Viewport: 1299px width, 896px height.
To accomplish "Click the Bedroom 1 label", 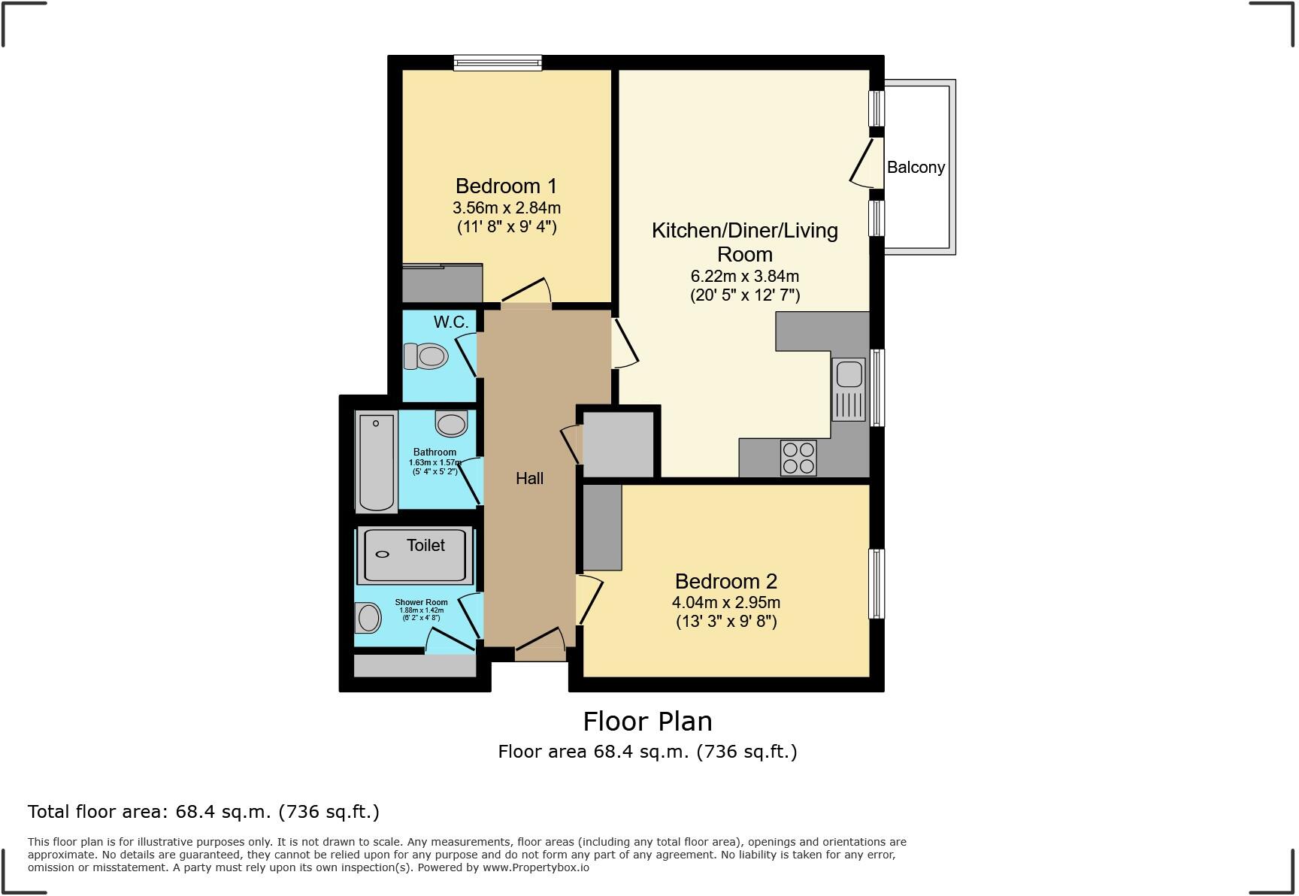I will pyautogui.click(x=506, y=186).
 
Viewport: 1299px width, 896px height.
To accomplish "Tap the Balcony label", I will pyautogui.click(x=915, y=167).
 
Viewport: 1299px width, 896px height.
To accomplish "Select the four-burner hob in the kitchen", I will pyautogui.click(x=798, y=457).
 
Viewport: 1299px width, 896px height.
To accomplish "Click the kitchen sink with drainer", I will pyautogui.click(x=849, y=389).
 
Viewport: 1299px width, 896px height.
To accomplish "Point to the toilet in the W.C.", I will pyautogui.click(x=425, y=356).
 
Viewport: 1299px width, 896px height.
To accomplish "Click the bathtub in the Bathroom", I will pyautogui.click(x=376, y=462).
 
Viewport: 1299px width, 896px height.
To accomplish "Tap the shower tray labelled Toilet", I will pyautogui.click(x=415, y=554).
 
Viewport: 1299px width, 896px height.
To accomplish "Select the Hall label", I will pyautogui.click(x=529, y=478).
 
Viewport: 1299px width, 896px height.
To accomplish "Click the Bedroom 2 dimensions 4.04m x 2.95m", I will pyautogui.click(x=725, y=602).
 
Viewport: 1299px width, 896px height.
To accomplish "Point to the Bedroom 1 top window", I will pyautogui.click(x=498, y=63).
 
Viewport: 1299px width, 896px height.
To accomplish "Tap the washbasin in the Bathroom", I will pyautogui.click(x=451, y=423).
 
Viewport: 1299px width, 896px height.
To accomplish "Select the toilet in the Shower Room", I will pyautogui.click(x=368, y=618).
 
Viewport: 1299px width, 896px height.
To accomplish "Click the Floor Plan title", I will pyautogui.click(x=647, y=721).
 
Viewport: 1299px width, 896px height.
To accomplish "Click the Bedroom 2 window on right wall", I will pyautogui.click(x=877, y=583).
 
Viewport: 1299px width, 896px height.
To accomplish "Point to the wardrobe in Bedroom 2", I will pyautogui.click(x=602, y=527).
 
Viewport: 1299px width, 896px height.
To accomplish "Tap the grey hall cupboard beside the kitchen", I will pyautogui.click(x=618, y=443).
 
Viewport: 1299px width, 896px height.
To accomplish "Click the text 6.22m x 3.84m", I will pyautogui.click(x=744, y=276).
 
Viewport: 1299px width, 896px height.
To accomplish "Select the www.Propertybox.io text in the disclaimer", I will pyautogui.click(x=535, y=867).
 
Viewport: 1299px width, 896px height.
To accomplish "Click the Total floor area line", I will pyautogui.click(x=203, y=812).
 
